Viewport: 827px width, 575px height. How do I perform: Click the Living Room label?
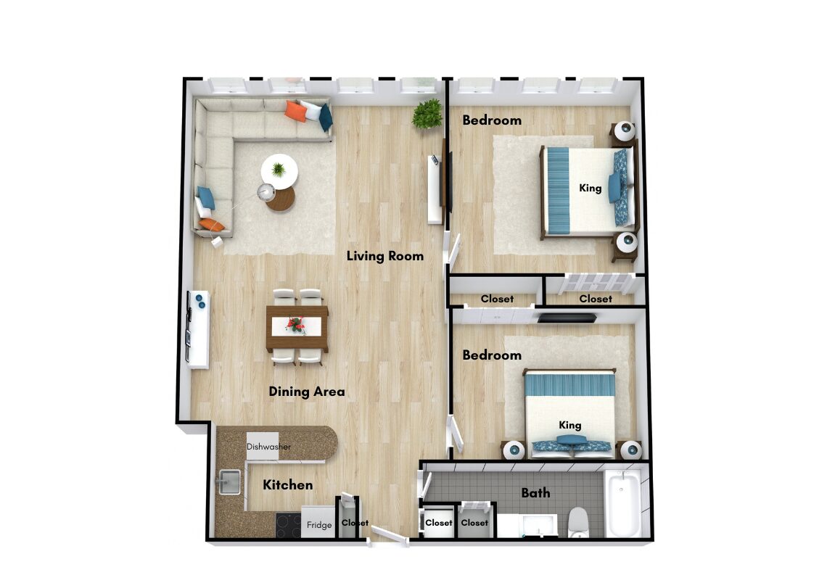pos(385,256)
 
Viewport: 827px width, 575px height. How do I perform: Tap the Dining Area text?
pos(306,392)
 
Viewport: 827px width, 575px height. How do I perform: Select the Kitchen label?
pos(287,485)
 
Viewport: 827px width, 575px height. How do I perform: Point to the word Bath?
pos(535,493)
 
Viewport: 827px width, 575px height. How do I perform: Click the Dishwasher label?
pos(268,447)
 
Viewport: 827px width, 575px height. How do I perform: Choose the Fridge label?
pos(319,525)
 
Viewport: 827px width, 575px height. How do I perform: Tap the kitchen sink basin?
pos(229,481)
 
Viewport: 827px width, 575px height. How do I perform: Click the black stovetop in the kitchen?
pos(289,526)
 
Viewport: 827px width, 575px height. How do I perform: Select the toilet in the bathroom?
pos(579,523)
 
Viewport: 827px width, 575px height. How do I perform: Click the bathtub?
pos(623,502)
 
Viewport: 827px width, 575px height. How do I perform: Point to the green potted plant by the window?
pos(427,114)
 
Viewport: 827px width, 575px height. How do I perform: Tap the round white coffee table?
pos(279,171)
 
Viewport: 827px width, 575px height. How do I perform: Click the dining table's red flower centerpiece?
pos(296,325)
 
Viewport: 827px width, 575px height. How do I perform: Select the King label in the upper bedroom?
pos(591,188)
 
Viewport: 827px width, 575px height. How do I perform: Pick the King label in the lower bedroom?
pos(570,426)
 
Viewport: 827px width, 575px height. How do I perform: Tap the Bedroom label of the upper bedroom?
pos(492,120)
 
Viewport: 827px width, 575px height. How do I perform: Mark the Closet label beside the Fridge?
pos(355,523)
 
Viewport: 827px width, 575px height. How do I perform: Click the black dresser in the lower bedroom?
pos(567,318)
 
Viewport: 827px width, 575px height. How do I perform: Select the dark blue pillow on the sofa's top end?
pos(326,117)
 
